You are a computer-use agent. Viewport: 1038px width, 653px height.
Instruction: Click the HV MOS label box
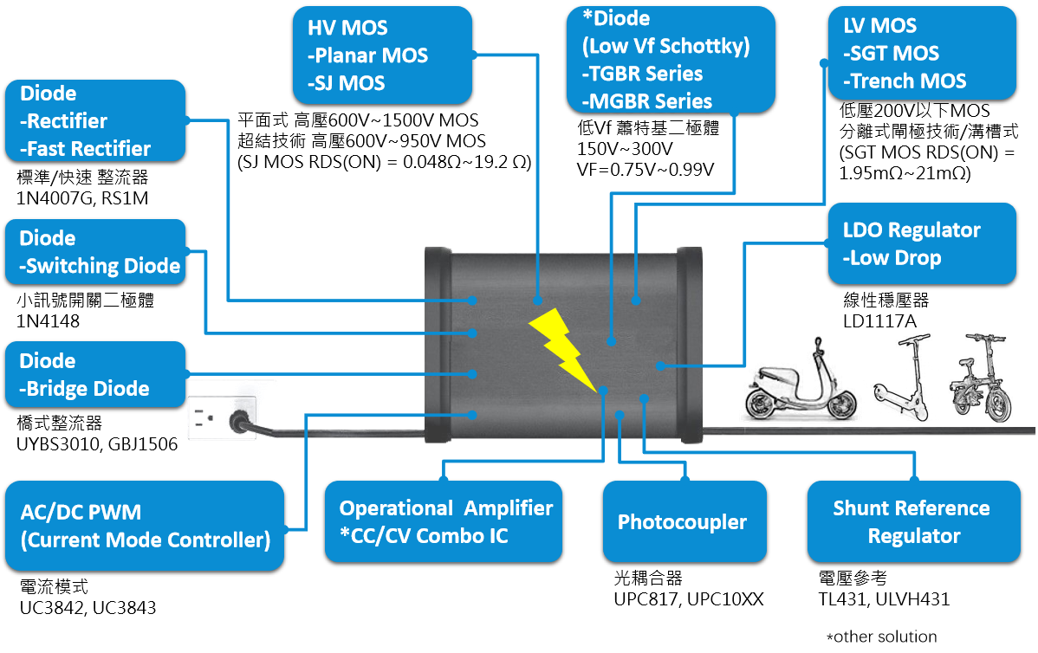[382, 54]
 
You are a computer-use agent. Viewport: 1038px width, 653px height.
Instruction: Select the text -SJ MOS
[347, 83]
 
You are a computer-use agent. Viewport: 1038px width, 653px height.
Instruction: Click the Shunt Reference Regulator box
[913, 521]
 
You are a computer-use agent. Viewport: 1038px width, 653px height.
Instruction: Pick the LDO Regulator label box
[921, 243]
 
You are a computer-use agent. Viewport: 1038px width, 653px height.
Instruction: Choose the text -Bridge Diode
[85, 389]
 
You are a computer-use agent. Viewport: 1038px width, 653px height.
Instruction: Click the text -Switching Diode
[100, 266]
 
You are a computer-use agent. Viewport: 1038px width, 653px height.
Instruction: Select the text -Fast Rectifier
[86, 149]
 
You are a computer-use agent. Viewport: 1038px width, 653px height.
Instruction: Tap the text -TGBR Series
[642, 74]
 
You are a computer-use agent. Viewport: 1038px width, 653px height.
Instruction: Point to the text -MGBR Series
[646, 101]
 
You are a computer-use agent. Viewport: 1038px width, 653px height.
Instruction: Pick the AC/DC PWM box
[145, 525]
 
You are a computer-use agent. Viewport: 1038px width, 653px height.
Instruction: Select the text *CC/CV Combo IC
[424, 536]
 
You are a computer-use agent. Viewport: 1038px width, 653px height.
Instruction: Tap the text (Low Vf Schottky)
[665, 47]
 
